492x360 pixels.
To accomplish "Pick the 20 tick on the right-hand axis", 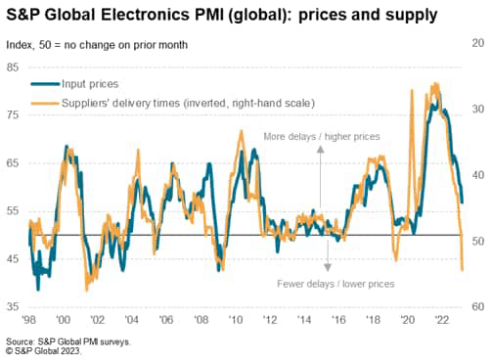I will click(x=476, y=44).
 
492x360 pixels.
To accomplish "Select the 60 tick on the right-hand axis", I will click(x=476, y=307).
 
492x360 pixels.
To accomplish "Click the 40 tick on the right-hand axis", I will click(x=476, y=175).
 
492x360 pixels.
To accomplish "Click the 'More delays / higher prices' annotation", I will click(x=321, y=136).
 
